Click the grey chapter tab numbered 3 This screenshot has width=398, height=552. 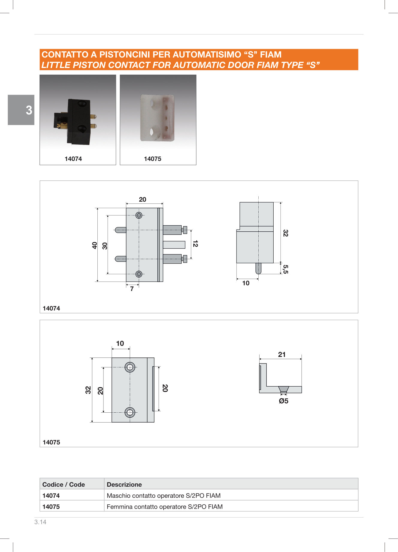[x=21, y=110]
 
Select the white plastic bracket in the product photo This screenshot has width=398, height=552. [x=157, y=118]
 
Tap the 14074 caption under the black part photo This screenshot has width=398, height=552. [x=73, y=159]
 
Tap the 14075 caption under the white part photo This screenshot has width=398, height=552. [x=153, y=159]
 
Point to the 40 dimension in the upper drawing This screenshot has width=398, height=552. [x=95, y=245]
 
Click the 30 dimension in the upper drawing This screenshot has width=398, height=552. [x=105, y=246]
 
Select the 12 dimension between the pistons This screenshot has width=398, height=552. [x=195, y=244]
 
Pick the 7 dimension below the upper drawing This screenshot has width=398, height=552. [x=132, y=289]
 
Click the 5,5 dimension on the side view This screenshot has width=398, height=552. [x=286, y=269]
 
